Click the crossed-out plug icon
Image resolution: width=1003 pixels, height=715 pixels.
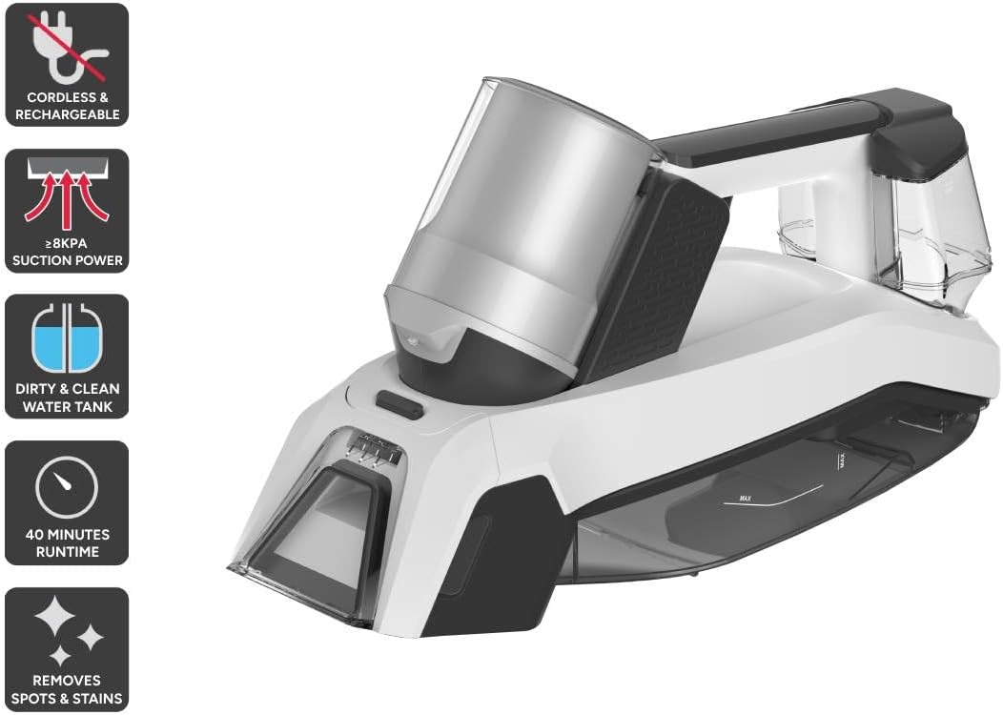click(67, 48)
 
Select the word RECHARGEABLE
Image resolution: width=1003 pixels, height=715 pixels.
click(67, 114)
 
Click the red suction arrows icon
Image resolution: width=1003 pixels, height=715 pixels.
click(67, 195)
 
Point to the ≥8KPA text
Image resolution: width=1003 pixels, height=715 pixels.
click(67, 243)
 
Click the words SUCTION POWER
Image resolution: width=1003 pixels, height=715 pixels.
click(67, 260)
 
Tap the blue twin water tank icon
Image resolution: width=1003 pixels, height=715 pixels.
click(67, 338)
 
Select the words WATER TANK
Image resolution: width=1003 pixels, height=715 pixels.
click(67, 406)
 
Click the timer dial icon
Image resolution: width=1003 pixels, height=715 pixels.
click(67, 487)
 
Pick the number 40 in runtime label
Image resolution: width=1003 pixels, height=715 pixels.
click(34, 534)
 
